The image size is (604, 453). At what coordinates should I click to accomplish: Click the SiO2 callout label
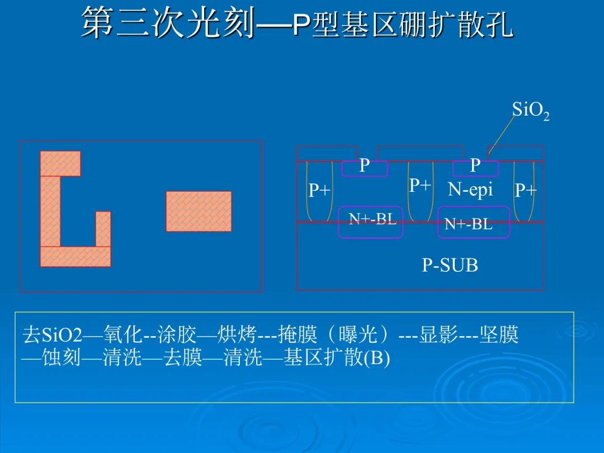(x=530, y=111)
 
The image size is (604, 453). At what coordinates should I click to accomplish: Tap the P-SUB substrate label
(x=450, y=265)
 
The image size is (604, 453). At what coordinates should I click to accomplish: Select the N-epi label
(x=470, y=190)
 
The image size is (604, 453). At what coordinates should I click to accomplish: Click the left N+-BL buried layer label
(x=372, y=219)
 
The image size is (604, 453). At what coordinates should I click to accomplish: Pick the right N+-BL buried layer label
(x=469, y=224)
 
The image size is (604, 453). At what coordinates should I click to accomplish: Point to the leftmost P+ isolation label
(x=320, y=190)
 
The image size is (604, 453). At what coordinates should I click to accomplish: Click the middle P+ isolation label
(x=420, y=185)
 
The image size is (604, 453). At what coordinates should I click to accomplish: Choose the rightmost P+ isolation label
(x=526, y=190)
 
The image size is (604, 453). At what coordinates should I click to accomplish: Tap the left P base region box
(x=365, y=168)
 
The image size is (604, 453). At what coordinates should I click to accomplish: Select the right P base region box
(x=475, y=168)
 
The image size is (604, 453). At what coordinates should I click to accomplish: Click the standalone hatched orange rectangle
(x=199, y=211)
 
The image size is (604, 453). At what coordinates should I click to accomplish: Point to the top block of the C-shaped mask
(x=60, y=164)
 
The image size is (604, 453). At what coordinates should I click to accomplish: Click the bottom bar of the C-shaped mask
(x=75, y=257)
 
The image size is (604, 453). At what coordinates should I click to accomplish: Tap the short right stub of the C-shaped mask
(x=103, y=229)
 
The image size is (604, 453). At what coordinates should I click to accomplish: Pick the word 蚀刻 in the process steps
(x=62, y=358)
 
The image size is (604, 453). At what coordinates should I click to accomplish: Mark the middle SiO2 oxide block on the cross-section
(x=420, y=153)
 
